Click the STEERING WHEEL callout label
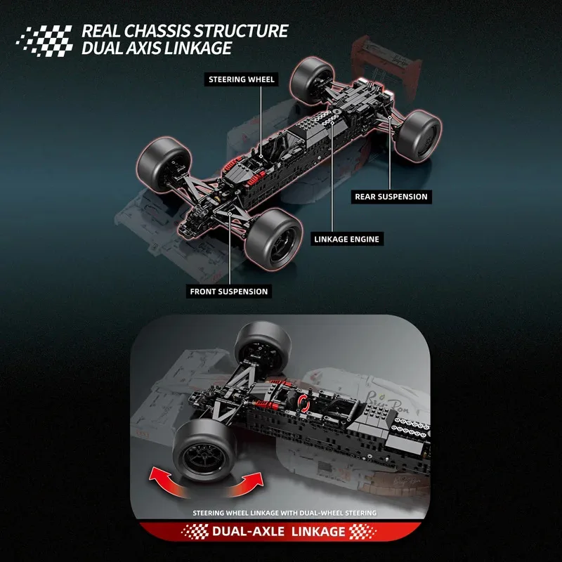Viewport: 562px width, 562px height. (x=241, y=79)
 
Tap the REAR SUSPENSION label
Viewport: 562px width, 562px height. (x=391, y=197)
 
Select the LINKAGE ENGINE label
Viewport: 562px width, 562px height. (x=346, y=239)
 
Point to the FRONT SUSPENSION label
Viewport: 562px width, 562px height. (x=229, y=291)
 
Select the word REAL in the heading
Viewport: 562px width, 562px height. (x=103, y=32)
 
